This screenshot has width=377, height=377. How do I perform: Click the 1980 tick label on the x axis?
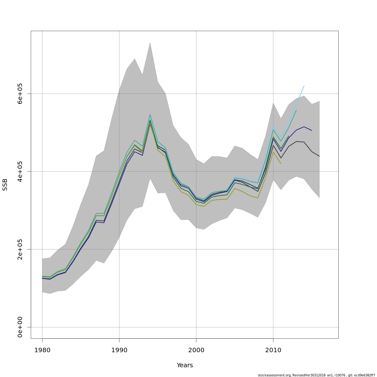tap(42, 350)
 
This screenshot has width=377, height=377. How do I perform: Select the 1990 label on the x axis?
tap(119, 350)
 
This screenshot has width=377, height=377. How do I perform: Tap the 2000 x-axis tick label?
tap(196, 350)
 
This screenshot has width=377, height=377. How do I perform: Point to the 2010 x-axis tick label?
tap(273, 350)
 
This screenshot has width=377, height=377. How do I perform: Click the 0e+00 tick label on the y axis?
tap(20, 327)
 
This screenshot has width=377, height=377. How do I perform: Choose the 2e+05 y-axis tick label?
tap(20, 249)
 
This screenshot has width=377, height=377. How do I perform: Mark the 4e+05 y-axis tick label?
tap(20, 172)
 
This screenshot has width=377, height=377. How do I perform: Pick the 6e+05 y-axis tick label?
tap(20, 94)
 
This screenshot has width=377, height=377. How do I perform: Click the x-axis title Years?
tap(185, 365)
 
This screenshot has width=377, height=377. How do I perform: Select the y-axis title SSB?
tap(5, 185)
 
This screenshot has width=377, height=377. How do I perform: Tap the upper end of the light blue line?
tap(304, 85)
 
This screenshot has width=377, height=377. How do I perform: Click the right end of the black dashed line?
tap(319, 156)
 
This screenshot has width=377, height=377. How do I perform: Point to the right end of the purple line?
tap(312, 130)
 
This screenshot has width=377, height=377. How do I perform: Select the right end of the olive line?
tap(281, 164)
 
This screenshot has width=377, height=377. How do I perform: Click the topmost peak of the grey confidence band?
tap(150, 42)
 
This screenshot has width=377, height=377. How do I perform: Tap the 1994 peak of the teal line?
tap(150, 114)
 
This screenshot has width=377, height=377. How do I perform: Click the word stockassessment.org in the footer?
tap(275, 375)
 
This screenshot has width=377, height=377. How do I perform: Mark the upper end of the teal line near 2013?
tap(296, 110)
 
